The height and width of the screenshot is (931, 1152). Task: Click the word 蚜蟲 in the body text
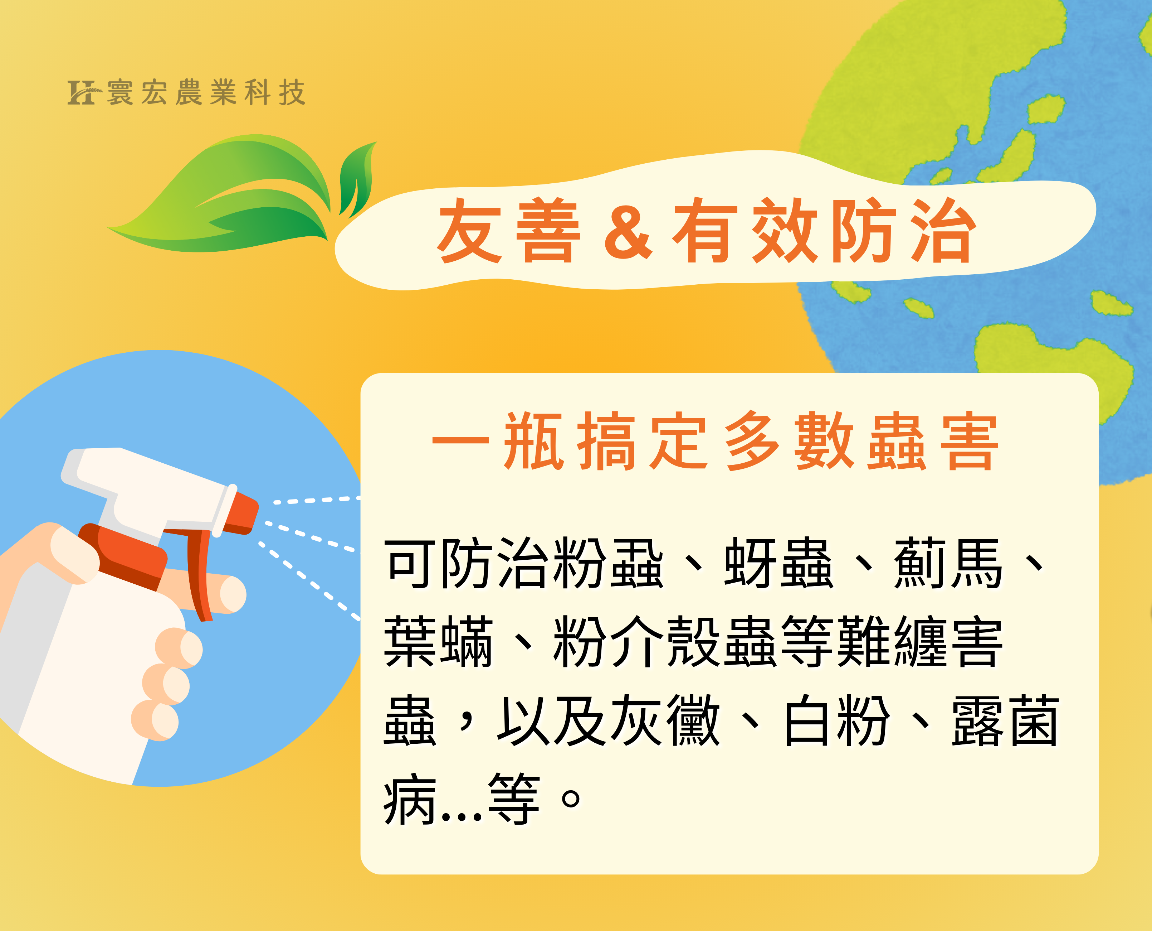778,564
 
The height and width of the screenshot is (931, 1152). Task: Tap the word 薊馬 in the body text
948,564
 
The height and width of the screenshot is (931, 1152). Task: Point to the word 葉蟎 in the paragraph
438,641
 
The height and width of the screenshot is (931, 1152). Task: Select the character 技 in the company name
292,92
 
